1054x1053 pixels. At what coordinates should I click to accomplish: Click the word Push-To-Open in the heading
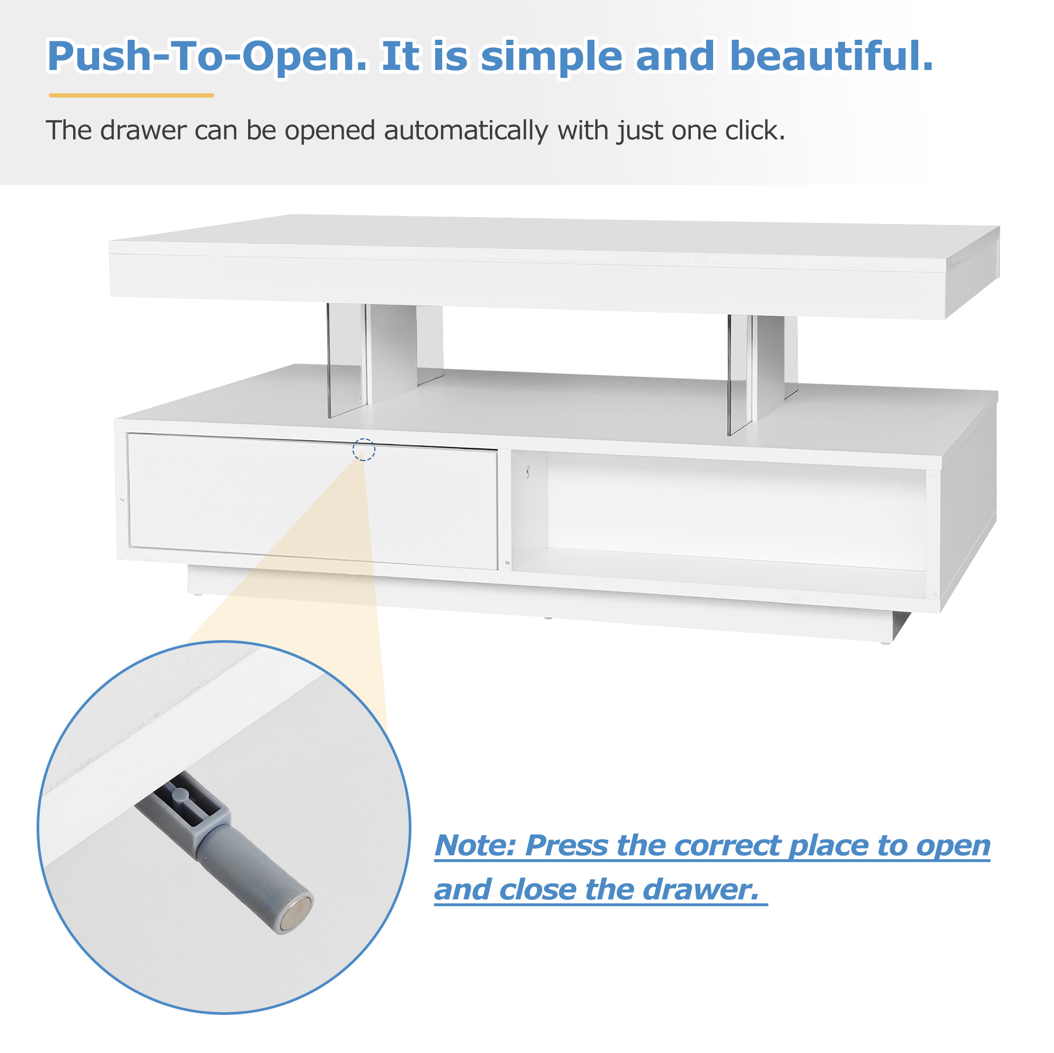(208, 56)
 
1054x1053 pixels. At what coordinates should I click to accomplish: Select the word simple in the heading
(551, 57)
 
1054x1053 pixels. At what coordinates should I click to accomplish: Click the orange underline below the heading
(131, 95)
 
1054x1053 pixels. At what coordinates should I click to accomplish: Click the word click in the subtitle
(755, 130)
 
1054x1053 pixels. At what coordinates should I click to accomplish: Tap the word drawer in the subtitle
(144, 131)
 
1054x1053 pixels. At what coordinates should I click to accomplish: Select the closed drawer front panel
(313, 502)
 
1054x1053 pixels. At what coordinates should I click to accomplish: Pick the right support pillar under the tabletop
(763, 374)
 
